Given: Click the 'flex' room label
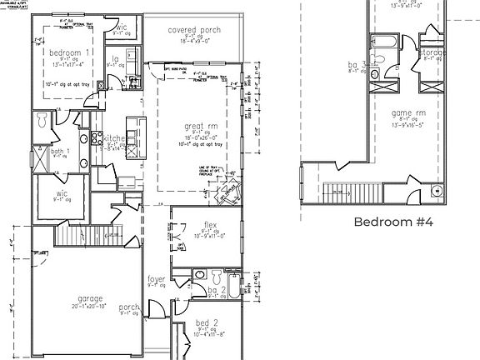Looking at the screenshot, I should [x=210, y=224].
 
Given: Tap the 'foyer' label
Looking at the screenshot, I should [x=157, y=280].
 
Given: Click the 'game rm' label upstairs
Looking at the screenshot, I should [x=408, y=112].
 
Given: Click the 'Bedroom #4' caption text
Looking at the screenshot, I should [x=394, y=222].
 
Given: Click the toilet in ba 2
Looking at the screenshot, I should [x=215, y=274].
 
